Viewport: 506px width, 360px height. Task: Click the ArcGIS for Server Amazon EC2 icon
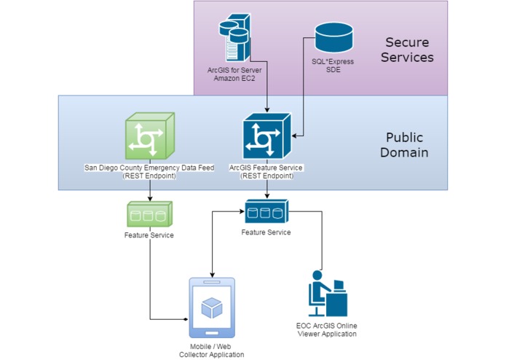click(237, 40)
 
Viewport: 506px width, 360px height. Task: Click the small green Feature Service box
click(149, 214)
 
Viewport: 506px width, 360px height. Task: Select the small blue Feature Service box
click(266, 212)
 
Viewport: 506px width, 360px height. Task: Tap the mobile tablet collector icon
click(212, 308)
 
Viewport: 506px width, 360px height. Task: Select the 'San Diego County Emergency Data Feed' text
click(149, 168)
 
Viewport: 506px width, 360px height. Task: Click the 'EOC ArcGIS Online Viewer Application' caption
click(326, 329)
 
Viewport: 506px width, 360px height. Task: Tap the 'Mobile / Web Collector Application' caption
click(212, 349)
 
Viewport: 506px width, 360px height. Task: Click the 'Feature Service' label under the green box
click(149, 235)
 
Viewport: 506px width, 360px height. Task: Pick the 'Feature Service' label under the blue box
click(266, 232)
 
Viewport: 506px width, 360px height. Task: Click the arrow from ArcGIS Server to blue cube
click(266, 95)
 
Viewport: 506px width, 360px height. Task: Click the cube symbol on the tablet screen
click(212, 308)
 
